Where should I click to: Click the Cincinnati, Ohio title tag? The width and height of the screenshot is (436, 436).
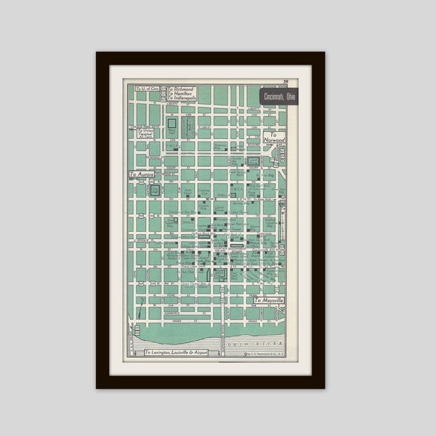tap(280, 97)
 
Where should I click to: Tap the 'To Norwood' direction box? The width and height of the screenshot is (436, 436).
tap(274, 137)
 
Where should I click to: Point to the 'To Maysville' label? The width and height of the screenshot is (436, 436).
tap(269, 299)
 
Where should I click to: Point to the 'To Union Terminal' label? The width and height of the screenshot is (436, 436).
tap(147, 130)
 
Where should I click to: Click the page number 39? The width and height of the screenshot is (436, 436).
tap(286, 81)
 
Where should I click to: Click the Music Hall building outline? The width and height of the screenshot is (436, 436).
tap(171, 124)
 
